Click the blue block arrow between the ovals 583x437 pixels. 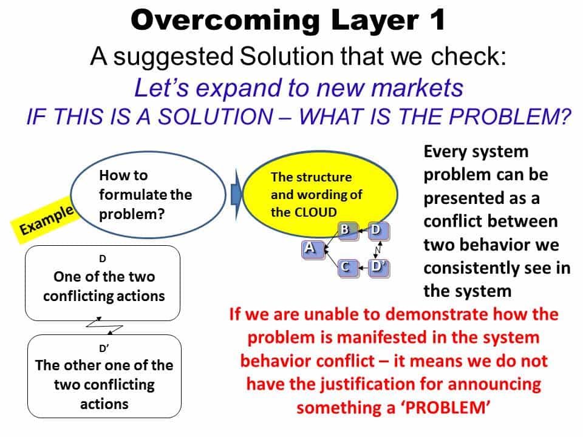coord(236,194)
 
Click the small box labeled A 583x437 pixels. coord(310,248)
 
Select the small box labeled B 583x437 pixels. coord(346,230)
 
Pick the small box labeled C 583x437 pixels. coord(346,267)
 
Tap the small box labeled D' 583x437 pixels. coord(378,267)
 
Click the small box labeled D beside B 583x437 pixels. coord(378,230)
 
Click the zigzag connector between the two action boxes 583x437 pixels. coord(104,327)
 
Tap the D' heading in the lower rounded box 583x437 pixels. coord(104,348)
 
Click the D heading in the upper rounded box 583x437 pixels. coord(103,259)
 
